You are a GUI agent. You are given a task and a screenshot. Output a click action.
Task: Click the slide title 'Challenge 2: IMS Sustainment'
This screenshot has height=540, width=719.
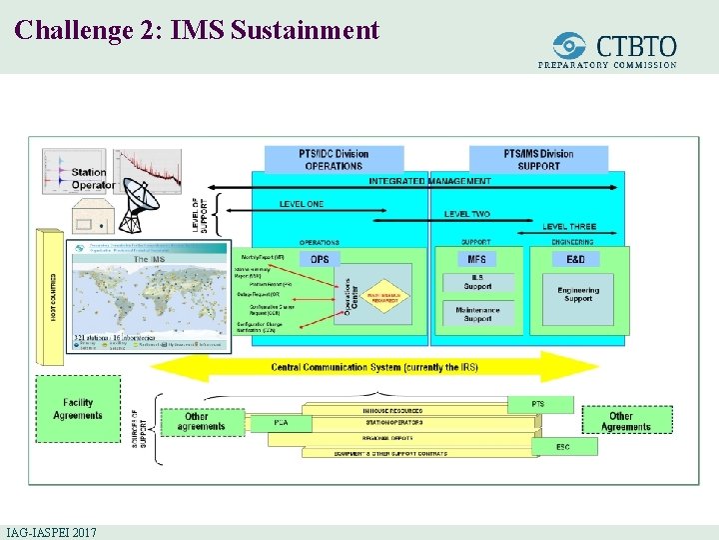(x=198, y=30)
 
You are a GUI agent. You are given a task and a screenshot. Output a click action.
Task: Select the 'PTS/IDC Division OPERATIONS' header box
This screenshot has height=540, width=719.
(x=334, y=159)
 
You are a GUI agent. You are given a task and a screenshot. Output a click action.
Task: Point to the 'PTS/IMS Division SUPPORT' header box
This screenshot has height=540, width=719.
(x=538, y=159)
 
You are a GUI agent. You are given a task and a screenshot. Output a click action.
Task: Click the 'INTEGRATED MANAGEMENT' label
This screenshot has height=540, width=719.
(x=429, y=181)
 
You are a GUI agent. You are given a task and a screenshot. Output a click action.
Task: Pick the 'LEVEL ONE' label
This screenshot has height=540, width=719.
(x=301, y=204)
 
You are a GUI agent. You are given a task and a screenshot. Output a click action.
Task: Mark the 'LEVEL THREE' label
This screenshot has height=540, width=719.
(x=569, y=227)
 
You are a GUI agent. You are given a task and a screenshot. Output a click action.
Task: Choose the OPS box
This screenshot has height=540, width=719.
(x=320, y=260)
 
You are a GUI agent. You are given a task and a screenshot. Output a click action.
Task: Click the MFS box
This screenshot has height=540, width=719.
(x=476, y=260)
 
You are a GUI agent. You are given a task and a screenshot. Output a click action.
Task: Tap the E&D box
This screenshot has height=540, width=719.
(x=575, y=260)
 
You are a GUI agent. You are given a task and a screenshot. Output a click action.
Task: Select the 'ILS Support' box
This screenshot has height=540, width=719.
(x=477, y=283)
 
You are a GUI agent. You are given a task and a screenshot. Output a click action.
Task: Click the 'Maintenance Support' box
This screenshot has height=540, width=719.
(x=477, y=314)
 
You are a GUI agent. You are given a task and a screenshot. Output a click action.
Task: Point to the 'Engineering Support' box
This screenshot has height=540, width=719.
(x=578, y=295)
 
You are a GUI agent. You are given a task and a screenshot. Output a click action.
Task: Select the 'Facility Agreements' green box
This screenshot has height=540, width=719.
(x=77, y=408)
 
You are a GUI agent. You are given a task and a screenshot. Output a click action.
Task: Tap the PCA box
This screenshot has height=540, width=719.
(x=282, y=423)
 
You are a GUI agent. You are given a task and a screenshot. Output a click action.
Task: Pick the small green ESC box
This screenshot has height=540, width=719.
(x=563, y=447)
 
